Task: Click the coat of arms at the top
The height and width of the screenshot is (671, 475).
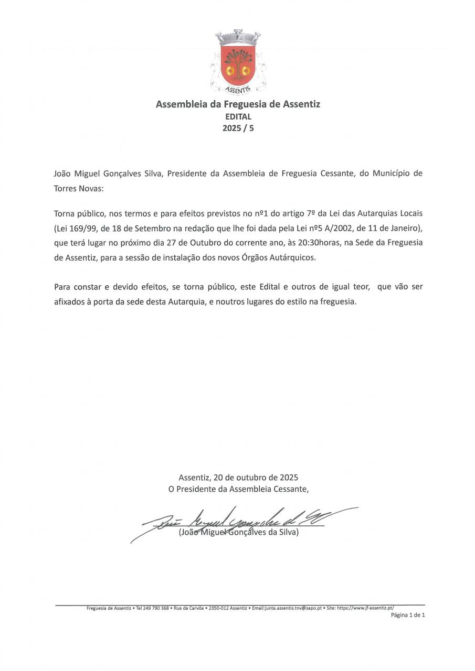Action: [238, 62]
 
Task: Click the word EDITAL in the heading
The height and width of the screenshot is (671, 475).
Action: [238, 117]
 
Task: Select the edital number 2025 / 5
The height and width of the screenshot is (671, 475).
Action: [238, 128]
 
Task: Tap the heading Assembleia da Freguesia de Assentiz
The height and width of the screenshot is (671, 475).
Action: [238, 104]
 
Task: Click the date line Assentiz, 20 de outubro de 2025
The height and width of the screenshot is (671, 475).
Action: [238, 478]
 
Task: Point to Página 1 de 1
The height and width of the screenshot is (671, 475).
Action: [408, 615]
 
